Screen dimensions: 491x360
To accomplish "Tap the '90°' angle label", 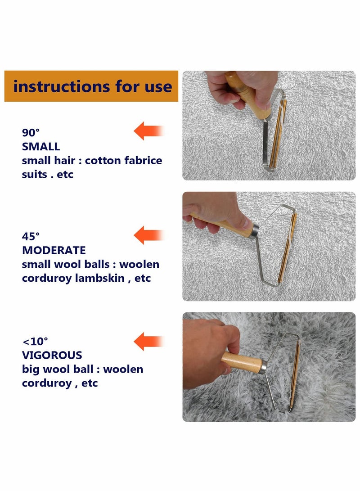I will tap(31, 132).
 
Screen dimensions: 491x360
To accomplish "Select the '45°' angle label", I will tap(31, 236).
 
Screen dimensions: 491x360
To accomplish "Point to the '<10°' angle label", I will tap(35, 341).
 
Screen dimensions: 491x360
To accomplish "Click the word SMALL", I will tap(41, 146).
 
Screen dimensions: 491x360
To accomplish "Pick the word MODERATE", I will tap(54, 250).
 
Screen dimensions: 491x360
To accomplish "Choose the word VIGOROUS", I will tap(52, 355).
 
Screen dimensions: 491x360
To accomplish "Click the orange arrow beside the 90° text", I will tap(148, 131).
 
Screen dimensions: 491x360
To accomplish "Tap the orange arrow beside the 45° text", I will tap(148, 235).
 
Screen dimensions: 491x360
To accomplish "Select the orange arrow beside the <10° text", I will tap(148, 341).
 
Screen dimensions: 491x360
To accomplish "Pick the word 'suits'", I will tap(35, 174).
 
